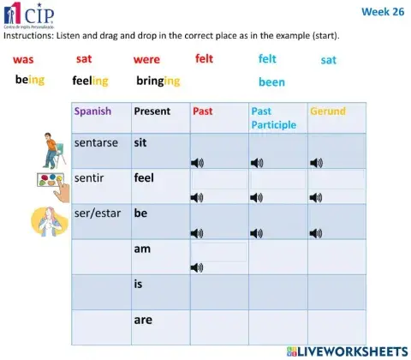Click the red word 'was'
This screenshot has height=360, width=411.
point(23,60)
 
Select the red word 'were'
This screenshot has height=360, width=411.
point(146,60)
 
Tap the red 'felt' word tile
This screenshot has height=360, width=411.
point(205,58)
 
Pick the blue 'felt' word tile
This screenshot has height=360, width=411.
point(268,59)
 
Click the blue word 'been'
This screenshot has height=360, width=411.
point(271,82)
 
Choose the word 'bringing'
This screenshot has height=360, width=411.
point(158,81)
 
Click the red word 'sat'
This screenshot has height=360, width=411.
point(84,59)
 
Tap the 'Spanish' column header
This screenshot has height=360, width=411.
point(92,111)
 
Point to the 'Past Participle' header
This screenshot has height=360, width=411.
point(274,118)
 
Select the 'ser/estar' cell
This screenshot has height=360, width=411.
point(98,213)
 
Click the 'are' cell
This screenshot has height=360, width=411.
point(143,319)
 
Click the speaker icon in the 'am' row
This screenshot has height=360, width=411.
point(197,267)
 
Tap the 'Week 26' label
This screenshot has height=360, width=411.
point(382,12)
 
